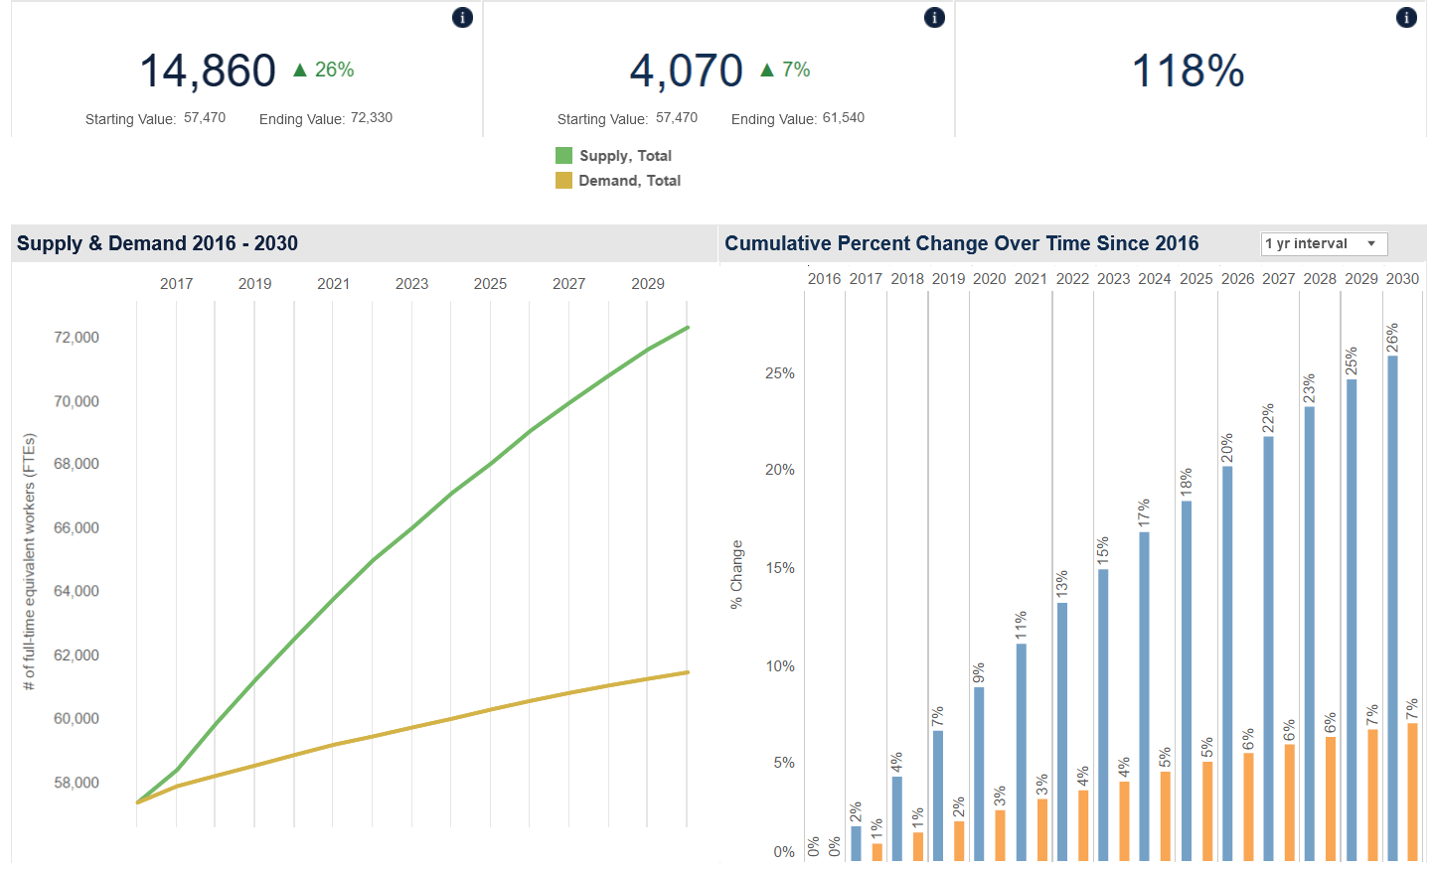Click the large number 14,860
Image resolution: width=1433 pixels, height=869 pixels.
208,71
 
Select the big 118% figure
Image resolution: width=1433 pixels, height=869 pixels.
1188,71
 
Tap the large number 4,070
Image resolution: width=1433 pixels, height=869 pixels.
686,71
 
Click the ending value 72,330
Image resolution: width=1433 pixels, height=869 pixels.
372,117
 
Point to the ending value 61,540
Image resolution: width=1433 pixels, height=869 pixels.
844,117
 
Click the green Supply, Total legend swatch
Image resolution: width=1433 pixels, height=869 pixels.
563,155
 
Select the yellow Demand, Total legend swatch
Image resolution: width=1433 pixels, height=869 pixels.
563,180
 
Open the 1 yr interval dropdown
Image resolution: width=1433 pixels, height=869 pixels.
1324,243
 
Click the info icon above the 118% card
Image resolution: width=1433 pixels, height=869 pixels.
1406,17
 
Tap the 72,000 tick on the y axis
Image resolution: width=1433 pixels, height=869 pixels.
77,337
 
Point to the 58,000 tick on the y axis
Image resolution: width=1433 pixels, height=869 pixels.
77,783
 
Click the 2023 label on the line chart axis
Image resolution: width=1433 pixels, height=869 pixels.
411,283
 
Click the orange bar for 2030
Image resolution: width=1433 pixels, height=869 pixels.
1412,792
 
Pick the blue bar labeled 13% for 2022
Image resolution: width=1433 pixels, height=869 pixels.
1062,731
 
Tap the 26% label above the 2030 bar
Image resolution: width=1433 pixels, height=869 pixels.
1392,338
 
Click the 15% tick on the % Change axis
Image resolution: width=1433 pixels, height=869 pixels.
779,568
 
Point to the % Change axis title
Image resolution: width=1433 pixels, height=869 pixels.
736,574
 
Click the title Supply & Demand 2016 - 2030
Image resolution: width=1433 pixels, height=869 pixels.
157,243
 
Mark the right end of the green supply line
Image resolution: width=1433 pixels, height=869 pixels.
688,327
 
